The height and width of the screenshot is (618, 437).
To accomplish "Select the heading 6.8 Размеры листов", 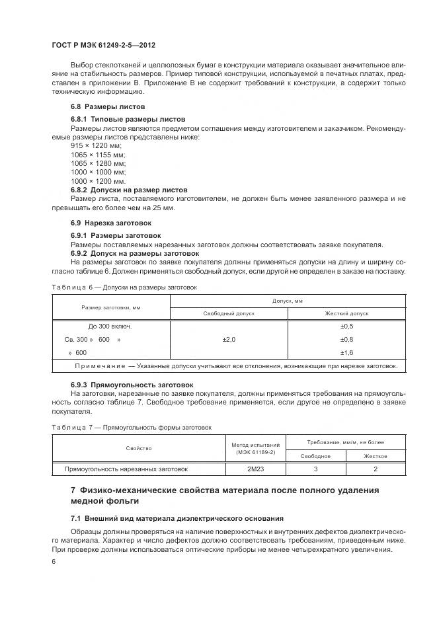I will coord(108,106).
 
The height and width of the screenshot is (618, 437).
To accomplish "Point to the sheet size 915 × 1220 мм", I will coord(97,145).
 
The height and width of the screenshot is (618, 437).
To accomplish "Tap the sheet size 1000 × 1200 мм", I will coord(98,180).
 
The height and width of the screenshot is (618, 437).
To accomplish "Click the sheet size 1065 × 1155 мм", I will coord(98,154).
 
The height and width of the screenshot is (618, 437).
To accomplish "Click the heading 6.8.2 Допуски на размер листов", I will coord(129,189).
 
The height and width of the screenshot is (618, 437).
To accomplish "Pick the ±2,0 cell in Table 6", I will coord(229,339).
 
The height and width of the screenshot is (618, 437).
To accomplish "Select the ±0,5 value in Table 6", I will coord(346,327).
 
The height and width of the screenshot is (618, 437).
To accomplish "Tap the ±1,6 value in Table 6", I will coord(346,352).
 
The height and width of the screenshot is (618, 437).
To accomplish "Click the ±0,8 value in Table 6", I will coord(346,339).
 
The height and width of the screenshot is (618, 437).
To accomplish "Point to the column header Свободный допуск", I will coord(229,313).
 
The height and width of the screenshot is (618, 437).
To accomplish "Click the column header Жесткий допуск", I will coord(346,313).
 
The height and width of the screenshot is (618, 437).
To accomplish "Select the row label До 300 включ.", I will coord(110,327).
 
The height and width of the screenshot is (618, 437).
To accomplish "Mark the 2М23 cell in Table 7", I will coord(254,469).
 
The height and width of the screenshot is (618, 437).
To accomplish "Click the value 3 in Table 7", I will coord(315,469).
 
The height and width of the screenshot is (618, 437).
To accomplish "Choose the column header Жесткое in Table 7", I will coord(376,456).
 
